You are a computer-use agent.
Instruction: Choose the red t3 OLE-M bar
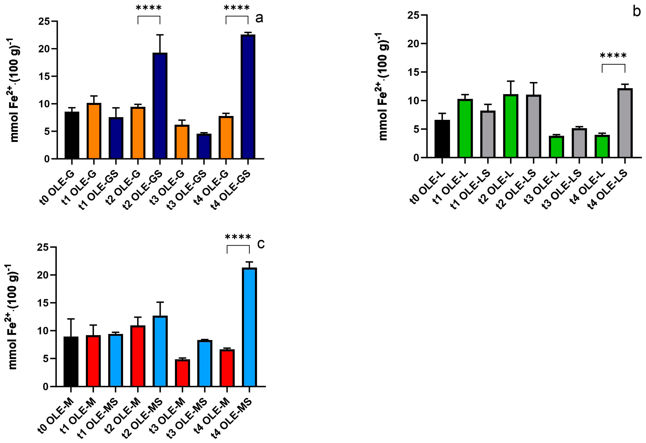click(182, 373)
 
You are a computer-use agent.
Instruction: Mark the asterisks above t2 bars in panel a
click(149, 8)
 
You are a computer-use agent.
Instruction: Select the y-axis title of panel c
click(12, 317)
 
